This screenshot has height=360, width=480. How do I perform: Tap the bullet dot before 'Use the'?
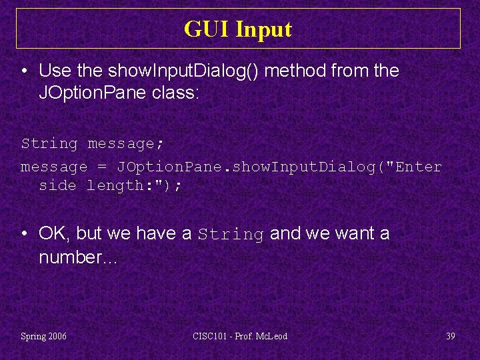tap(25, 71)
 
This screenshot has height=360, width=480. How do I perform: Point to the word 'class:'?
tap(175, 93)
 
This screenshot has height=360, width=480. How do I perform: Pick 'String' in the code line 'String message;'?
tap(49, 143)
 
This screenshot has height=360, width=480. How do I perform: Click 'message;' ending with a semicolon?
tap(126, 143)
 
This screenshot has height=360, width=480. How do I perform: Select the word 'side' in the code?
tap(57, 185)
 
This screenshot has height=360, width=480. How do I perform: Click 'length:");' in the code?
tap(134, 185)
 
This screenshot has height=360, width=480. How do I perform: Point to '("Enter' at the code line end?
tap(413, 167)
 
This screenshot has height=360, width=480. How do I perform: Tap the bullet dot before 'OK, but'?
tap(25, 234)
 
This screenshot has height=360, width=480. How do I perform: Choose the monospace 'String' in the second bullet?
tap(231, 234)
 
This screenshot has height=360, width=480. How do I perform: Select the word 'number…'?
tap(78, 257)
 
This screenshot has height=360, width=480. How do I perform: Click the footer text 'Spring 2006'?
tap(44, 336)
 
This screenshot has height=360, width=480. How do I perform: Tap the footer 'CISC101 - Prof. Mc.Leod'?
tap(239, 336)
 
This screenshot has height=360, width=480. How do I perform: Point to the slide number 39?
tap(451, 336)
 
